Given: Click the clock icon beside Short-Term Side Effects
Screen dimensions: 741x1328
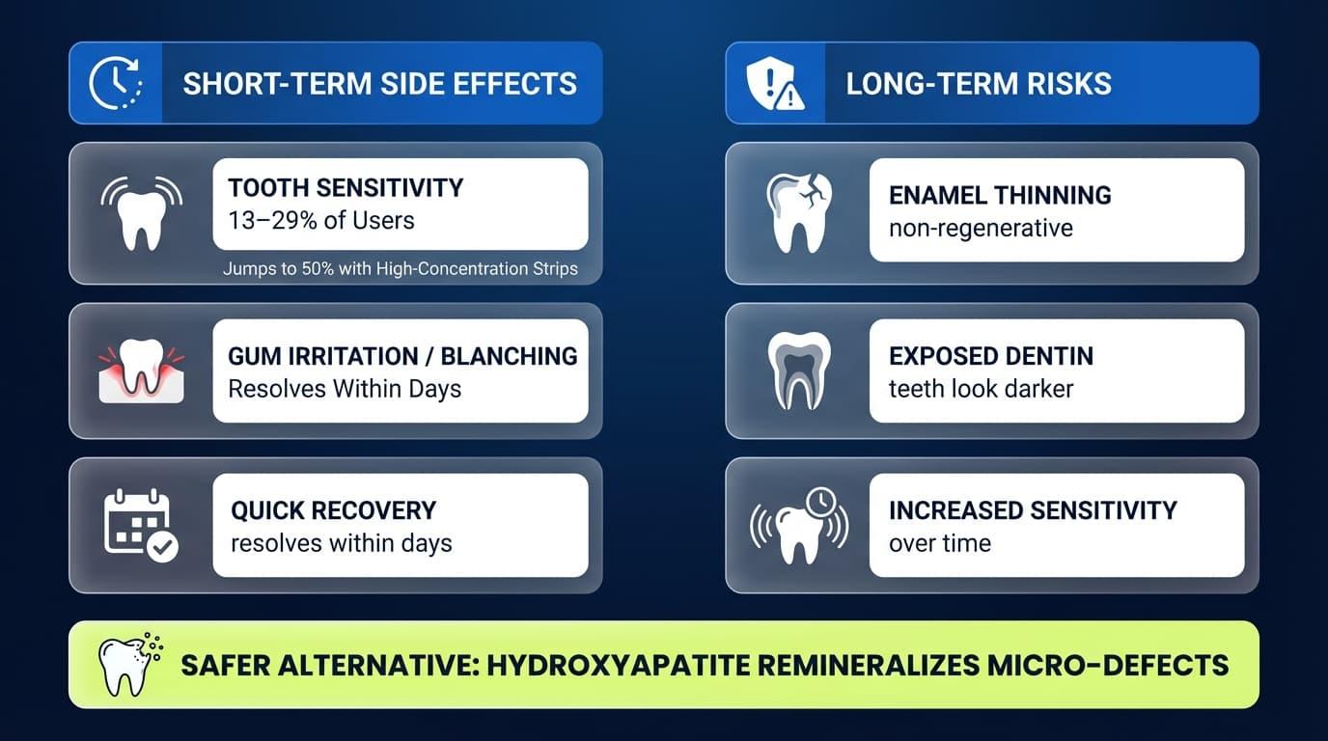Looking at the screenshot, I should point(115,83).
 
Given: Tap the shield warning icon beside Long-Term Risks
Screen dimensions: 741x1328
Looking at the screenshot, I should point(776,83).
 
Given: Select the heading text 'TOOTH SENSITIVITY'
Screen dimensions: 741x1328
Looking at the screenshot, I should point(346,187).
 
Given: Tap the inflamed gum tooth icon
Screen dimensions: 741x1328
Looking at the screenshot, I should point(141,370).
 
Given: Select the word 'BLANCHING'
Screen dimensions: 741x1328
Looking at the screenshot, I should point(509,356).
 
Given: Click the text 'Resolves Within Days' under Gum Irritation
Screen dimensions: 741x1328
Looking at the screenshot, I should point(345,389).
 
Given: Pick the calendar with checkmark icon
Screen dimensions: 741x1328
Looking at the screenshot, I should point(141,525).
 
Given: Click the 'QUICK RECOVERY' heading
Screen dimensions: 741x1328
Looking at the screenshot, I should point(333,510).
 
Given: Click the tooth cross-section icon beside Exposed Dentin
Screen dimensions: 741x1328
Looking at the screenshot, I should point(798,370).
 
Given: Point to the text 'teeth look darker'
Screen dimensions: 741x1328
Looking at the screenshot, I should point(981,389).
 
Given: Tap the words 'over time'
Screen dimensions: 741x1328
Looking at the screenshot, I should point(939,543).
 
